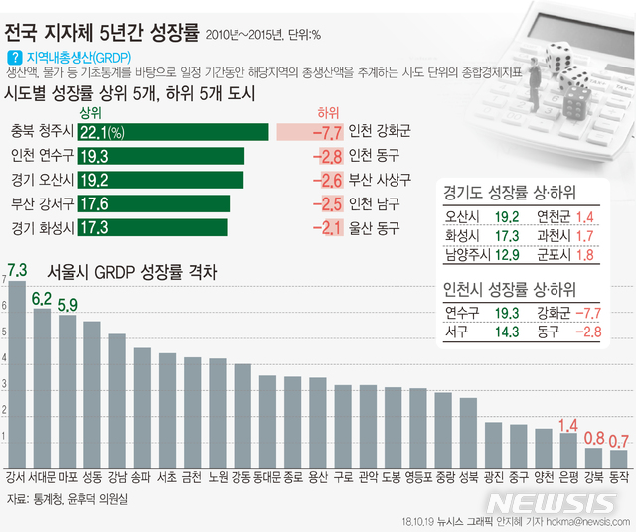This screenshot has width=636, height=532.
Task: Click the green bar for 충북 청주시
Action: coord(174,132)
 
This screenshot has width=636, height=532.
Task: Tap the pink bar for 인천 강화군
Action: coord(310,132)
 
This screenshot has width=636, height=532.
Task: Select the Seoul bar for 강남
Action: coord(117,397)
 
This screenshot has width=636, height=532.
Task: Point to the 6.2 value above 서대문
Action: coord(42,296)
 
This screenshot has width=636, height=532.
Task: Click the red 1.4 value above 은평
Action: coord(568,425)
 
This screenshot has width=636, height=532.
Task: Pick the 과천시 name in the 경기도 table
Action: coord(553,236)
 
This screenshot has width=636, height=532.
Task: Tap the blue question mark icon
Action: coord(13,59)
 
